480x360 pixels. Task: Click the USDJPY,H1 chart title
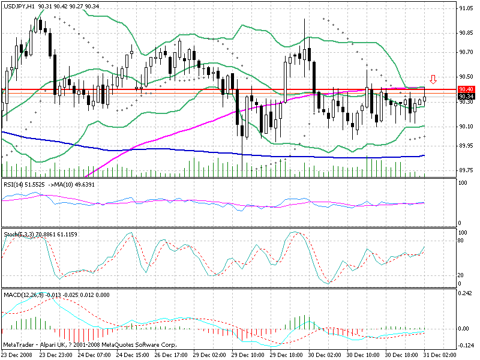click(x=18, y=5)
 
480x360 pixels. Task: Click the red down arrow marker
click(x=433, y=79)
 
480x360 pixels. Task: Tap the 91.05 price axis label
click(x=466, y=9)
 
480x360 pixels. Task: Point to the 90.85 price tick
click(x=466, y=33)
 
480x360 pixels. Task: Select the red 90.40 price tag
click(x=466, y=89)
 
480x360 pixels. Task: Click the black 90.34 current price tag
click(x=466, y=96)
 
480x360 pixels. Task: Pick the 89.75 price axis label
click(x=466, y=170)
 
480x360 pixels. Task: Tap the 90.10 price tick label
click(x=466, y=126)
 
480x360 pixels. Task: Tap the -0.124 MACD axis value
click(x=466, y=346)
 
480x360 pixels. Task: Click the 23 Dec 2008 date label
click(x=17, y=355)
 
